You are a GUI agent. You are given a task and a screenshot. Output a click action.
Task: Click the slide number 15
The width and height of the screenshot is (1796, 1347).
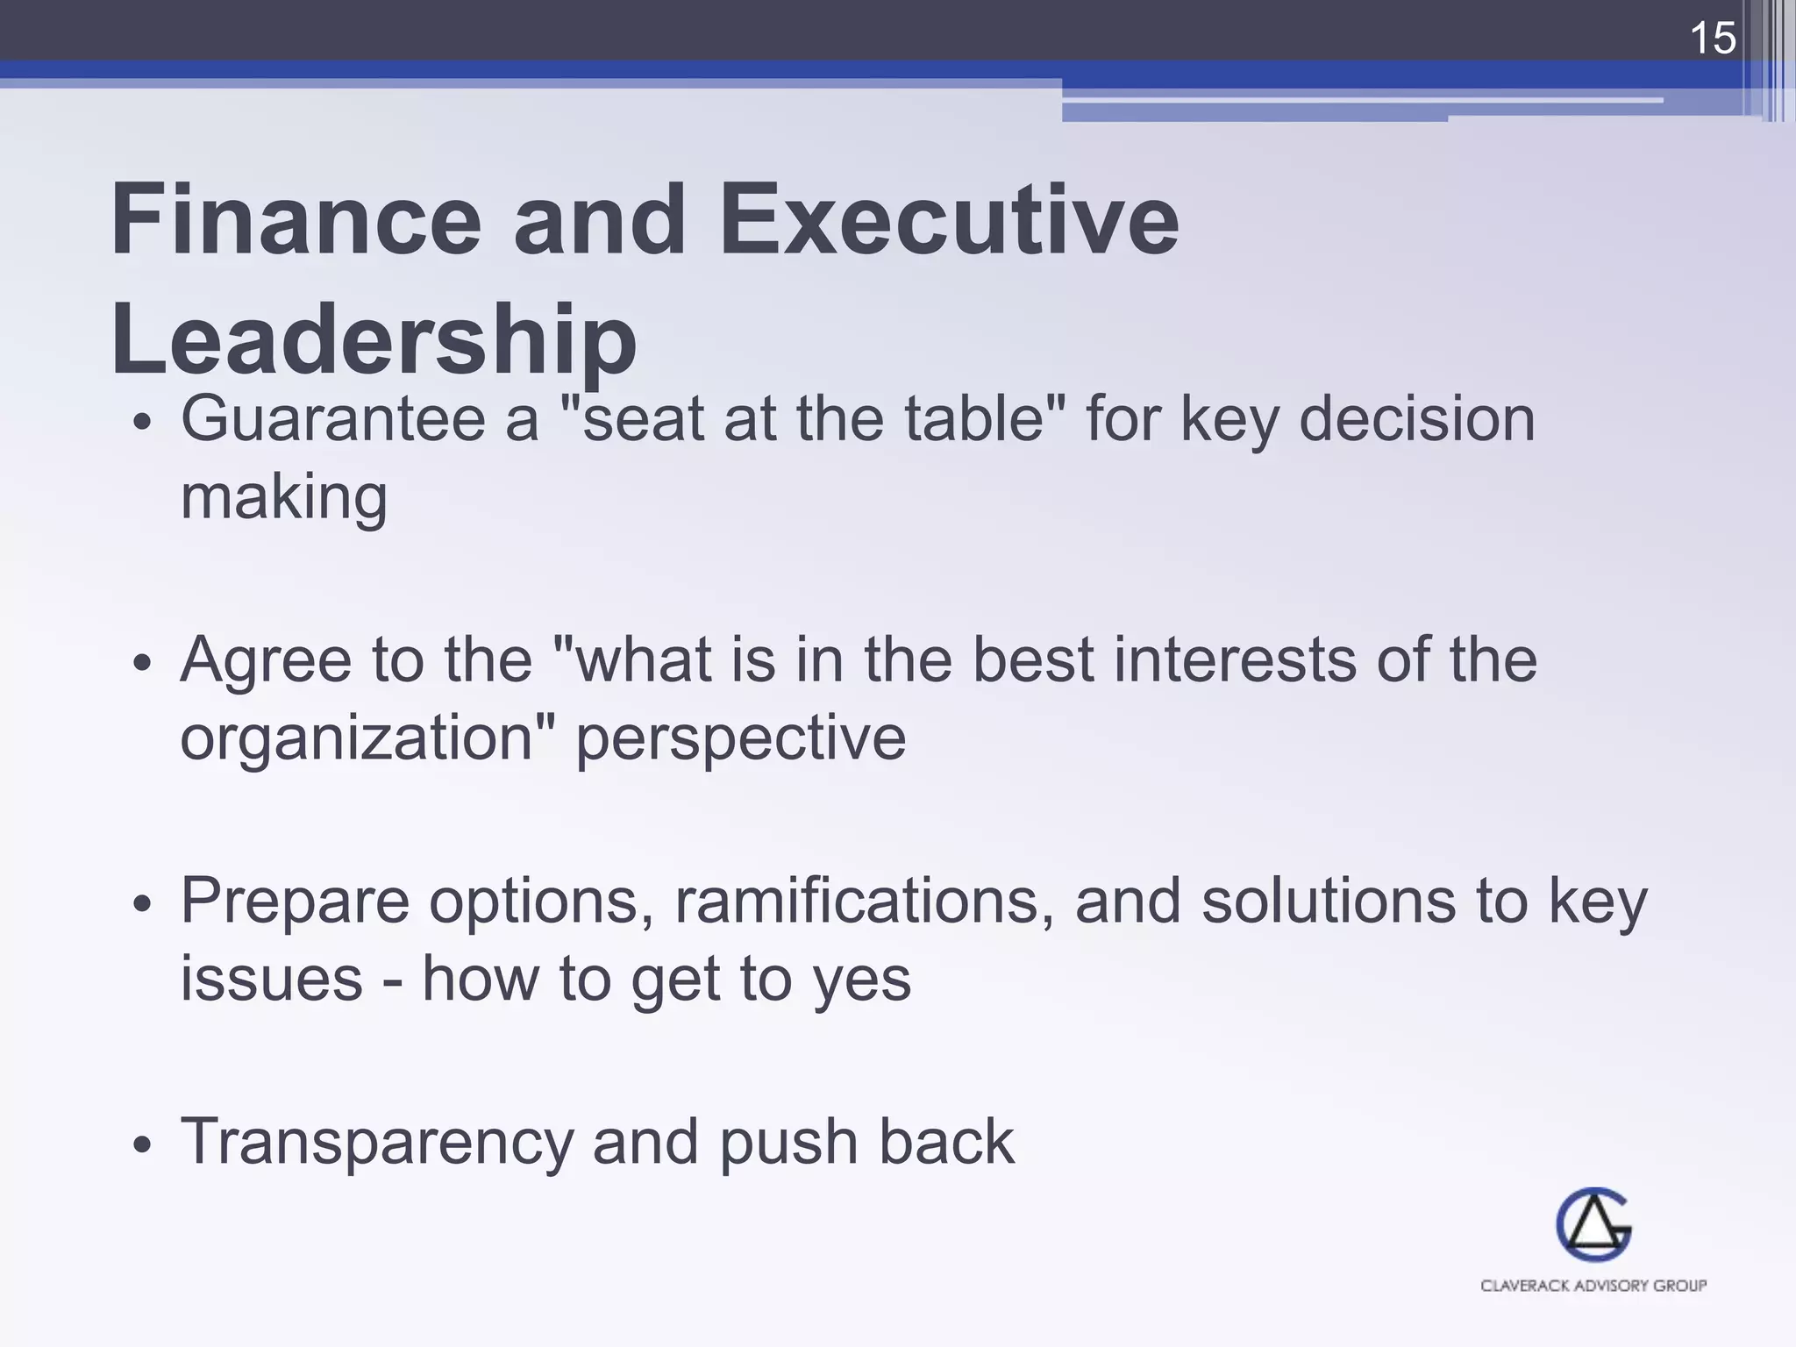coord(1712,39)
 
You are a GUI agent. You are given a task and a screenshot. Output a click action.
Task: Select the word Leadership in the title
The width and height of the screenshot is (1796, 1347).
coord(374,340)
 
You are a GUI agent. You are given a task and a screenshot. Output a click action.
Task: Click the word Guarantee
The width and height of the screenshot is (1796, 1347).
coord(333,419)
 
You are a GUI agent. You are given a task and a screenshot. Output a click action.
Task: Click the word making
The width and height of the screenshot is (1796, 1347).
coord(283,497)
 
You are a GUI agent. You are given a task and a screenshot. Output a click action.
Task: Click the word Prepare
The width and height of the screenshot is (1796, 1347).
coord(295,901)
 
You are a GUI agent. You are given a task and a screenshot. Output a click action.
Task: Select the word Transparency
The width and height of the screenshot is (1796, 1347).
coord(375,1143)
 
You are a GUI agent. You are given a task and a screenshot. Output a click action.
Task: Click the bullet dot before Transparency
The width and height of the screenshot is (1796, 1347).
coord(143,1144)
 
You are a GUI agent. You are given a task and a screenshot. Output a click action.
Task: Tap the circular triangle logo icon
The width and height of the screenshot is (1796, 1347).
coord(1593,1225)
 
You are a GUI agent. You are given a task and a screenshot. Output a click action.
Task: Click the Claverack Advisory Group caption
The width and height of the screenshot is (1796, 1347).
coord(1593,1286)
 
